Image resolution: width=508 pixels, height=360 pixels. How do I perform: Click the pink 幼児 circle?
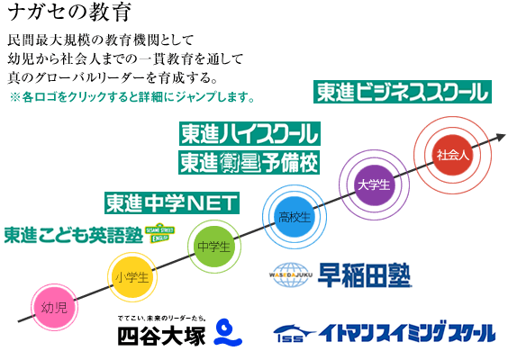pos(54,307)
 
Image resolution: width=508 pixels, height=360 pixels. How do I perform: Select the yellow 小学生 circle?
pos(132,277)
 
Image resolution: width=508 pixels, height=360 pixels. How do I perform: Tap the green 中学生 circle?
pos(214,247)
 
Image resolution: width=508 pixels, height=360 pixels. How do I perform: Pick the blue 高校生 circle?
pos(295,217)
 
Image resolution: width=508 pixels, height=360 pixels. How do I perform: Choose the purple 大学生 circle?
pos(374,184)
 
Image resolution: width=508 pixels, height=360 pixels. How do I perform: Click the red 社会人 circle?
pos(453,155)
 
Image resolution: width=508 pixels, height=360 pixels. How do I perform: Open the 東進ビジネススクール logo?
pos(403,92)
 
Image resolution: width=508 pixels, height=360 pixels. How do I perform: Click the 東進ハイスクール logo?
pos(249,134)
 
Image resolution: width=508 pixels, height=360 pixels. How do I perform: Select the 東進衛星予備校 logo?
pos(249,162)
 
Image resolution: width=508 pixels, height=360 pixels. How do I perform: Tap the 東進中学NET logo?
pos(172,203)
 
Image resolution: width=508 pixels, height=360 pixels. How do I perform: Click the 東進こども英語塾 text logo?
pos(74,234)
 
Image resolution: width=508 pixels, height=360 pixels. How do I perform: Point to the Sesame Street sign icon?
pos(159,233)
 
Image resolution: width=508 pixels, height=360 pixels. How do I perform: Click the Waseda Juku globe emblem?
pos(291,274)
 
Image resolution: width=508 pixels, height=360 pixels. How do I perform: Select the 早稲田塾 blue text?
pos(365,275)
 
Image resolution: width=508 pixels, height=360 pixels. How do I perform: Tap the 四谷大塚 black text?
pos(161,336)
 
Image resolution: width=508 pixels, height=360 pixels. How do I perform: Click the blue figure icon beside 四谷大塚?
pos(228,332)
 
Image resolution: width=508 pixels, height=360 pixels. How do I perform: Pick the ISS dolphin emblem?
pos(295,334)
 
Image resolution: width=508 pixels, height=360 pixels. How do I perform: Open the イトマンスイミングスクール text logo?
pos(407,331)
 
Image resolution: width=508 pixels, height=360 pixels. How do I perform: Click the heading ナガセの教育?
pos(69,13)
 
